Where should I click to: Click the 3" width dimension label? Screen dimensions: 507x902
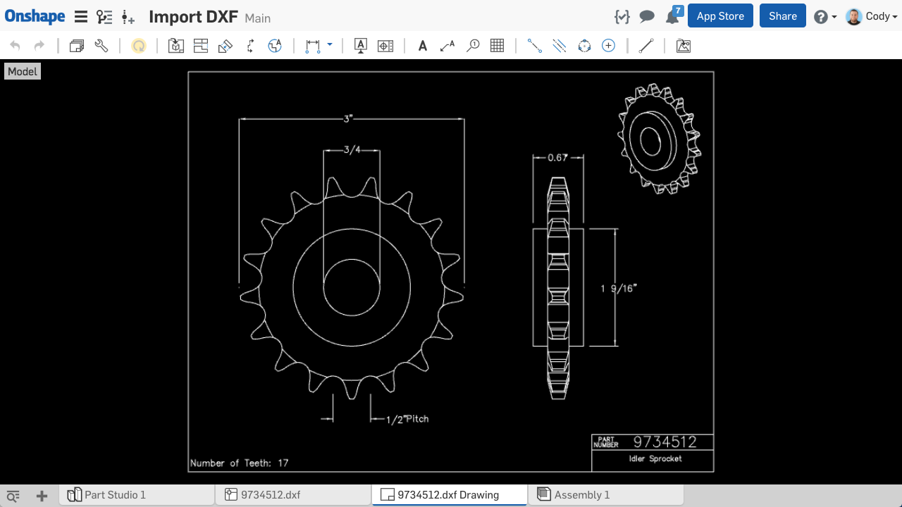click(348, 119)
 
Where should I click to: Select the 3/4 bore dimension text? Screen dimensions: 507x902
click(352, 149)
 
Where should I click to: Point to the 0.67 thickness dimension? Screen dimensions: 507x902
click(557, 157)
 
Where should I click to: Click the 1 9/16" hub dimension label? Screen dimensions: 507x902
click(619, 288)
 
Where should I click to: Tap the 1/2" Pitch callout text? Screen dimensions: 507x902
click(407, 419)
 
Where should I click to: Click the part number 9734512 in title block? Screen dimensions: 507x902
click(665, 442)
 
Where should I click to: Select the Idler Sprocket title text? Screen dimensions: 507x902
click(655, 459)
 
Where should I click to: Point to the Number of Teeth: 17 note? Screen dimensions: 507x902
click(239, 463)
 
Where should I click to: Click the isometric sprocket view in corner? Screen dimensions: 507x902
click(659, 138)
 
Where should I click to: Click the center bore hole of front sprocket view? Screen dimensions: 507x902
click(352, 287)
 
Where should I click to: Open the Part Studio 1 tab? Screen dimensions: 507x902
click(115, 495)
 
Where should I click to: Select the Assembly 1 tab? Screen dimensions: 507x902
click(581, 495)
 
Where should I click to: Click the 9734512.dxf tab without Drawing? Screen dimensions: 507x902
click(271, 495)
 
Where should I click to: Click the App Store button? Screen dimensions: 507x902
click(720, 16)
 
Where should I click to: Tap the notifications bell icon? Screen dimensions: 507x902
click(672, 17)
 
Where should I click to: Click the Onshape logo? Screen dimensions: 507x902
click(35, 17)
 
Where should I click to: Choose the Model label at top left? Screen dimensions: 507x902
click(23, 72)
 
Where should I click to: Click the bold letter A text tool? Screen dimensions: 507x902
click(423, 46)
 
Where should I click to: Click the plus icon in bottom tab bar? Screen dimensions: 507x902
click(42, 496)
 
